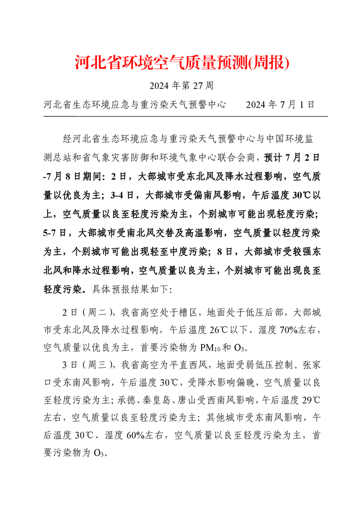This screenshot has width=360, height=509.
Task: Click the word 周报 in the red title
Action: [x=270, y=63]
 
